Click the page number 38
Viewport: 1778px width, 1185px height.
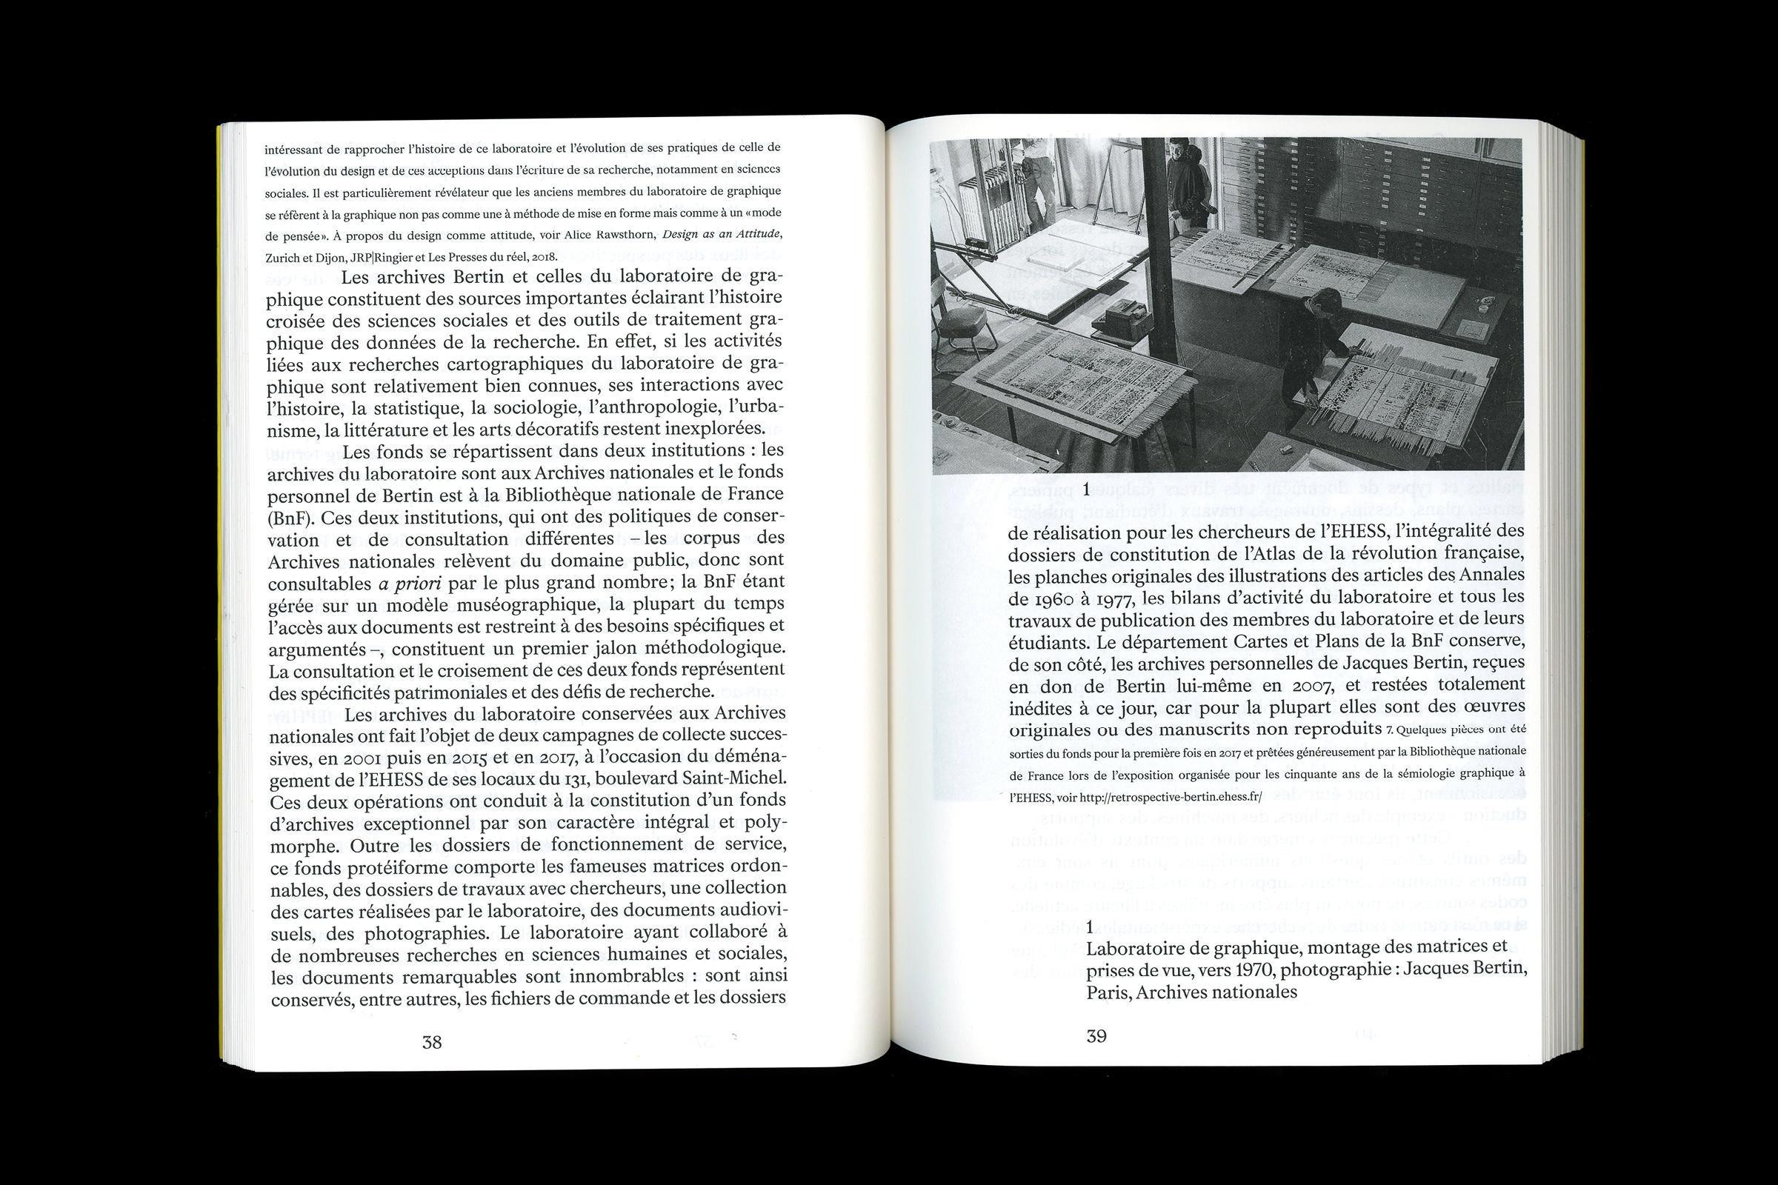(x=432, y=1043)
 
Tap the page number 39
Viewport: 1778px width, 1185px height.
(x=1096, y=1036)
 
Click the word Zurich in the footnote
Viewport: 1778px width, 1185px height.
(x=284, y=257)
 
